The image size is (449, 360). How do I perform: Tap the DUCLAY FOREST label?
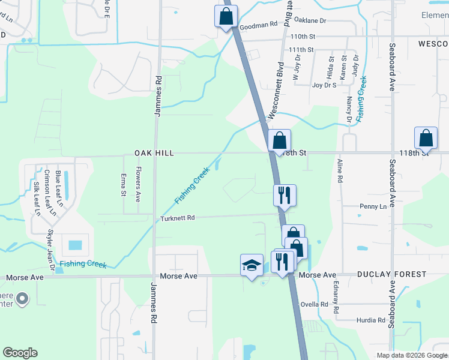(x=392, y=274)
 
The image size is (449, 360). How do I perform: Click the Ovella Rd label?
(x=315, y=304)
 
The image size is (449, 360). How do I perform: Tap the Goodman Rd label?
(x=258, y=26)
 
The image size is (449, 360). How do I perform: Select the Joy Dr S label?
(x=324, y=85)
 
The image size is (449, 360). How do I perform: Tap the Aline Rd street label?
(x=340, y=170)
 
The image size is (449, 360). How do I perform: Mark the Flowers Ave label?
(x=138, y=184)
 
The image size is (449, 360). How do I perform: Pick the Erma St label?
(x=124, y=184)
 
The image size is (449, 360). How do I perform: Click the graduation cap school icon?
(x=252, y=265)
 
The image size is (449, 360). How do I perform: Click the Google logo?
(x=20, y=353)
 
